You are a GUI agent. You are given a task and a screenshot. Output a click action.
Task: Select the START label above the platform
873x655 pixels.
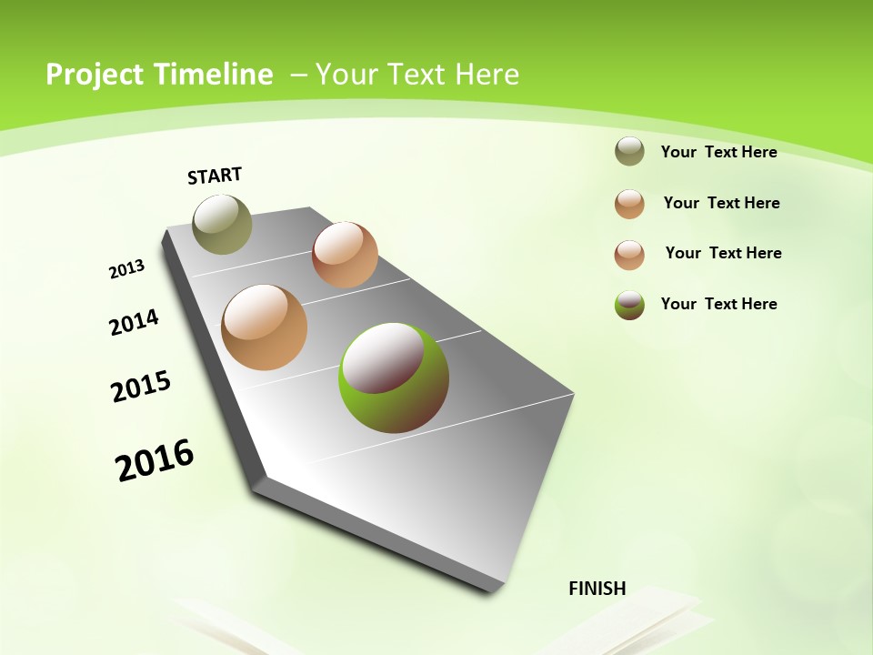pyautogui.click(x=215, y=176)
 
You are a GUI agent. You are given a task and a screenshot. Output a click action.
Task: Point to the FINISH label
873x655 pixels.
pyautogui.click(x=597, y=589)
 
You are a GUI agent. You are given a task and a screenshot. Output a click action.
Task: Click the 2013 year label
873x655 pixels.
pyautogui.click(x=126, y=269)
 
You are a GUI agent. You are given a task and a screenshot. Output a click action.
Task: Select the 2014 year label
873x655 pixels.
pyautogui.click(x=134, y=322)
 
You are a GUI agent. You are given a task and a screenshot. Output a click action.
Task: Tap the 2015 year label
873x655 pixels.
pyautogui.click(x=141, y=386)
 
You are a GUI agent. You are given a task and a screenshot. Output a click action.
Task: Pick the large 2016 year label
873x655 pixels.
pyautogui.click(x=155, y=460)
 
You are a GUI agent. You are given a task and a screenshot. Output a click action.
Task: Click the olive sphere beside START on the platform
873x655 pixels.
pyautogui.click(x=222, y=224)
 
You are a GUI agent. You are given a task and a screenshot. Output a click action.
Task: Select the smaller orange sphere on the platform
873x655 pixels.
pyautogui.click(x=345, y=255)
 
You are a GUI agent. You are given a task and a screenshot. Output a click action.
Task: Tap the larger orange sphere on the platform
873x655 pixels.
pyautogui.click(x=265, y=327)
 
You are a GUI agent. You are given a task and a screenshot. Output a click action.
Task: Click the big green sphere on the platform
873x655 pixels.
pyautogui.click(x=394, y=378)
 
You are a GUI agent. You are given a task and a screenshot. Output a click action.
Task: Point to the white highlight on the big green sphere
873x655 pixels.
pyautogui.click(x=382, y=356)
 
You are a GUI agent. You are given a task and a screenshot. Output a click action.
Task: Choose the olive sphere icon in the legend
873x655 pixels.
pyautogui.click(x=629, y=152)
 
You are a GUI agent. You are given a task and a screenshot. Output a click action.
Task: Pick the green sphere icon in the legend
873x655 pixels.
pyautogui.click(x=629, y=305)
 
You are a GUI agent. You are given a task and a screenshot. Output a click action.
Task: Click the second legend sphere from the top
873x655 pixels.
pyautogui.click(x=629, y=204)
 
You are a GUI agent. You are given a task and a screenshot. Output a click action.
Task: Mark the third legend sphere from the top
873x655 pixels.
pyautogui.click(x=629, y=255)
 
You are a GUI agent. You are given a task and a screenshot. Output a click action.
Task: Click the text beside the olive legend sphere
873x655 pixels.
pyautogui.click(x=718, y=152)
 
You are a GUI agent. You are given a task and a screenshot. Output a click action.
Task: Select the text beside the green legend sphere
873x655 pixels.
pyautogui.click(x=718, y=304)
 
